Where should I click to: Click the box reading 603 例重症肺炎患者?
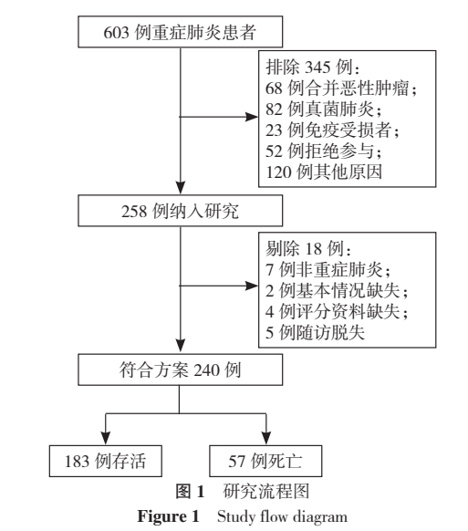(186, 33)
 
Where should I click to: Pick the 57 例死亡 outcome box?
(265, 458)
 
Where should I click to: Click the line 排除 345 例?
(298, 69)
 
